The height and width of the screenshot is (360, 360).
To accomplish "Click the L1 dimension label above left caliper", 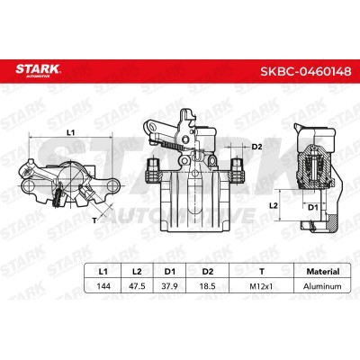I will pos(72,133).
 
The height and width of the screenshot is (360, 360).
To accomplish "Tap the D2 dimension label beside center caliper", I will pos(256,145).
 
